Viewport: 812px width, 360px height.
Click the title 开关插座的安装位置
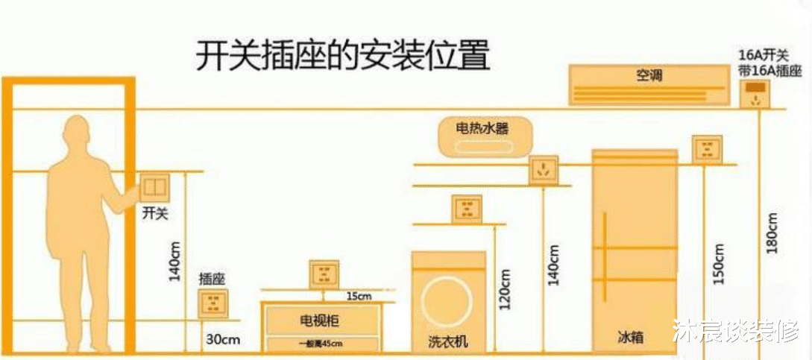click(342, 55)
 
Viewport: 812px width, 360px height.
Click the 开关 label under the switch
click(155, 214)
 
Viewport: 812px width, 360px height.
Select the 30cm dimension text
click(223, 340)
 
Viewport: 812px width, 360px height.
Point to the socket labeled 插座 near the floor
click(213, 303)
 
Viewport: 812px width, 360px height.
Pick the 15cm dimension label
click(358, 297)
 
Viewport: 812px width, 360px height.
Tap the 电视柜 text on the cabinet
click(319, 321)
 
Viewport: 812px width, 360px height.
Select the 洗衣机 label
click(448, 341)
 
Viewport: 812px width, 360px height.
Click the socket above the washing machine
click(466, 209)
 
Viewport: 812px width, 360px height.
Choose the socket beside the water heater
click(544, 170)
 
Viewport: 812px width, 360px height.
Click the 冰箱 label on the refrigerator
click(631, 338)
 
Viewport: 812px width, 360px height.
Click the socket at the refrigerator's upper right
click(707, 148)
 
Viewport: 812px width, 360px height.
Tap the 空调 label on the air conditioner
click(649, 75)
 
